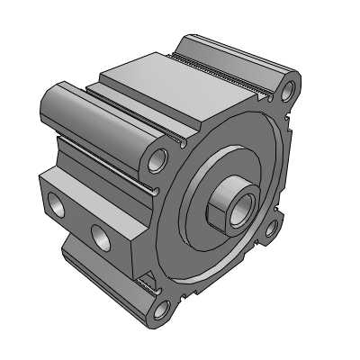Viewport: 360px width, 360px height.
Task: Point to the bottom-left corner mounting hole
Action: pyautogui.click(x=162, y=312)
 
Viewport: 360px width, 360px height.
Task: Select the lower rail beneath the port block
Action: pyautogui.click(x=99, y=274)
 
